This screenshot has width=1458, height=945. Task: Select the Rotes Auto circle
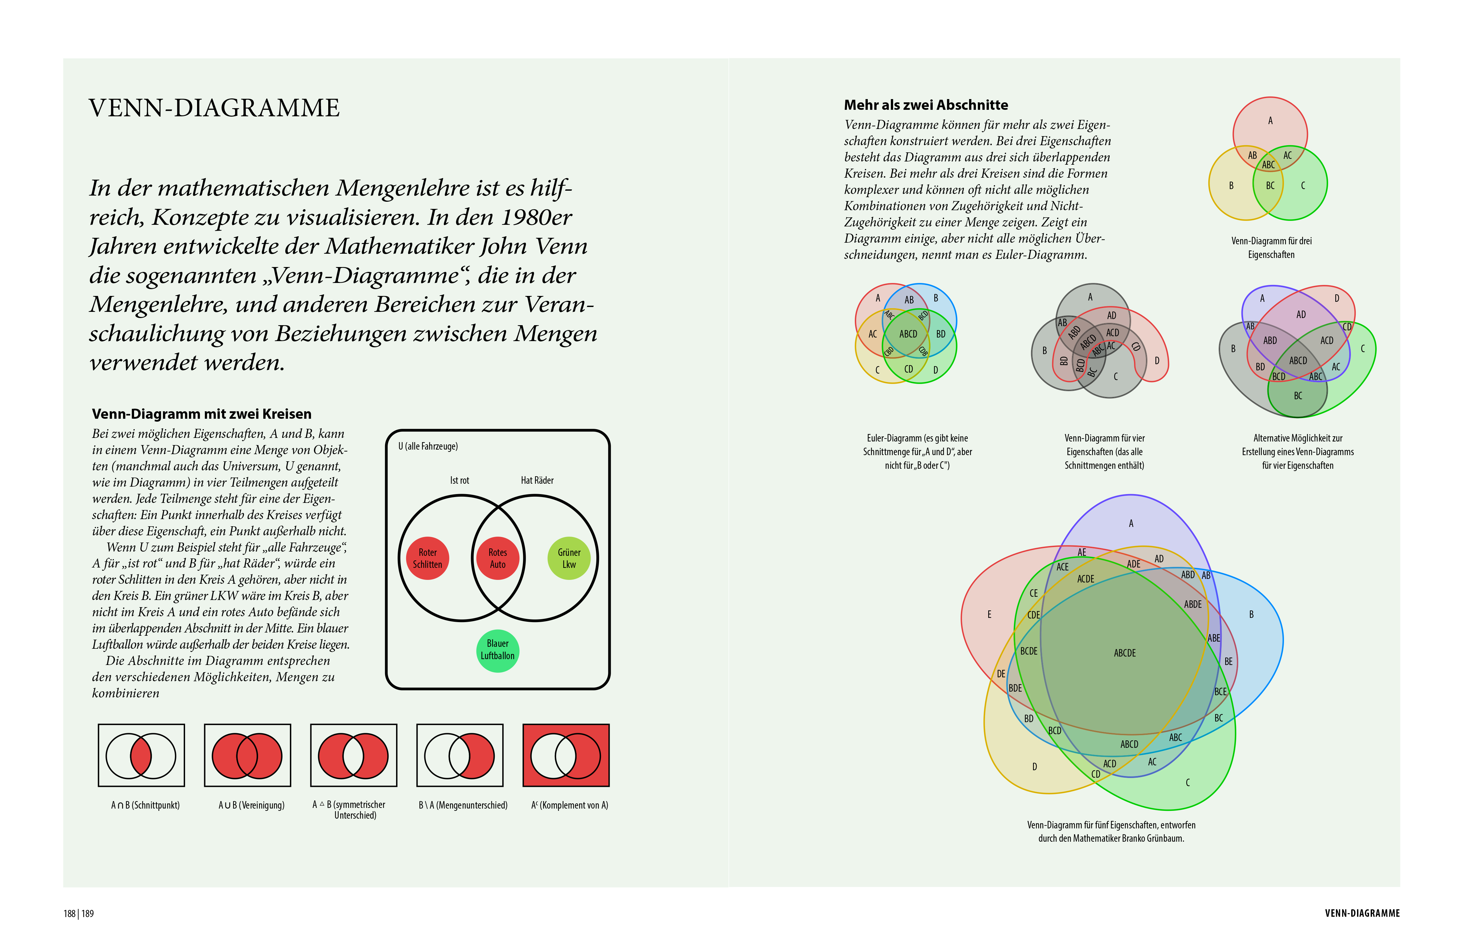click(x=497, y=558)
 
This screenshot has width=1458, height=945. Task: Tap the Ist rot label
click(x=459, y=480)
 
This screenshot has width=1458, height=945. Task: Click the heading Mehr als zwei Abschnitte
click(x=926, y=105)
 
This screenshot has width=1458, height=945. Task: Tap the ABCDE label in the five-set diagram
click(x=1124, y=653)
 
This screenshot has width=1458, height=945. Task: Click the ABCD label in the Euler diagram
click(x=908, y=334)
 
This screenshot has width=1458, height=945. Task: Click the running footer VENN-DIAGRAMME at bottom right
click(x=1362, y=913)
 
